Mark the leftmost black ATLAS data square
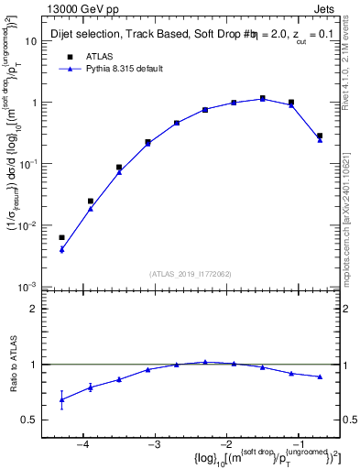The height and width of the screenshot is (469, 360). point(61,237)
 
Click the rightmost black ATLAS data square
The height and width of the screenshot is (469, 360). point(320,136)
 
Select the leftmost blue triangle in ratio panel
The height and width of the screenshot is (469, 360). point(61,399)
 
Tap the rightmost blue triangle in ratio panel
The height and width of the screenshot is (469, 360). point(320,376)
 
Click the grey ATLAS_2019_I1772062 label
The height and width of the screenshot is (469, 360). point(191,274)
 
